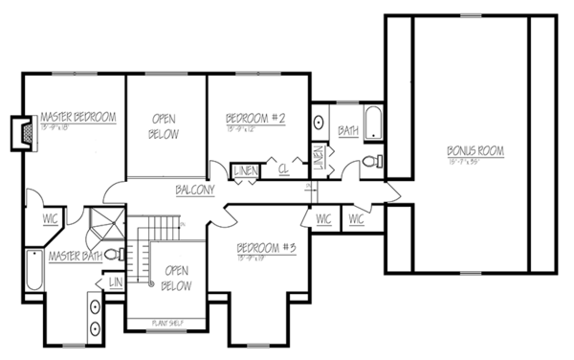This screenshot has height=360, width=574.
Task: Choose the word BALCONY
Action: [194, 190]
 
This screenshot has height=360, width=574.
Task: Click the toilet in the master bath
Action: [112, 255]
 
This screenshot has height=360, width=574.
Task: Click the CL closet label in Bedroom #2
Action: [284, 171]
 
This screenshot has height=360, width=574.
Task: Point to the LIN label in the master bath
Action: [116, 284]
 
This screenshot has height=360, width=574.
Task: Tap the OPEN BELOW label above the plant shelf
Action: [176, 279]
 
